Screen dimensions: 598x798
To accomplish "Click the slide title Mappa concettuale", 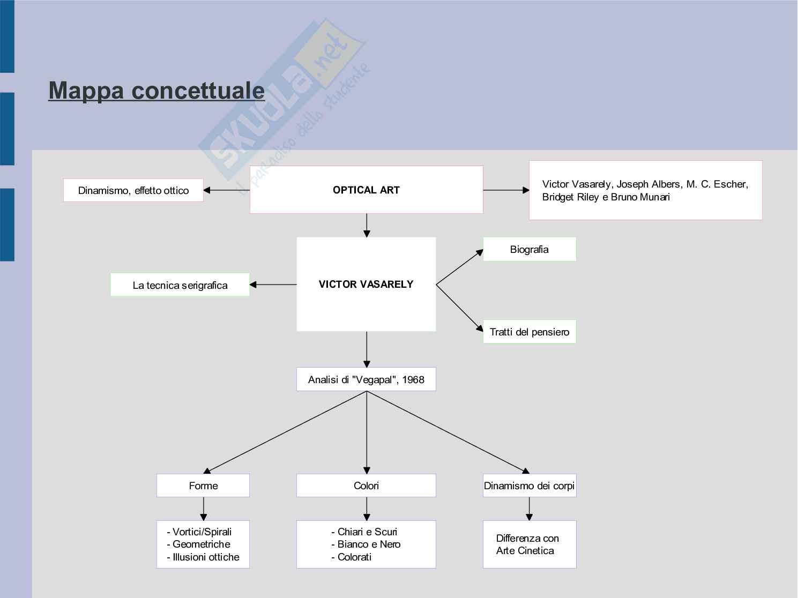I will (x=156, y=90).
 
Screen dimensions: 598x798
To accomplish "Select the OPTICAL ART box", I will (x=366, y=190).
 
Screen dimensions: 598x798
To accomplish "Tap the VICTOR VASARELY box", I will (x=366, y=284).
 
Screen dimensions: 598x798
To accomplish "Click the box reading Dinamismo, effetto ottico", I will (x=133, y=190).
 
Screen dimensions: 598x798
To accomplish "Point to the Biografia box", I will (x=529, y=249).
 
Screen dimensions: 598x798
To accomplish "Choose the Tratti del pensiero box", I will (x=529, y=332).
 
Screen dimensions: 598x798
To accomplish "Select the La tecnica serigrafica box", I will (x=180, y=285).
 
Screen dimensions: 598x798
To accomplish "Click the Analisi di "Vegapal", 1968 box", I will (x=366, y=379).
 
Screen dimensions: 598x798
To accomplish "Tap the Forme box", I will (x=203, y=485).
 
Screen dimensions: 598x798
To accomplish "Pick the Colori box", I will (x=366, y=485).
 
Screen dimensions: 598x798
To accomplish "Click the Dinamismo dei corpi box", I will (x=529, y=485).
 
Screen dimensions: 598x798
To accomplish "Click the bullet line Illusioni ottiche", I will (x=206, y=557).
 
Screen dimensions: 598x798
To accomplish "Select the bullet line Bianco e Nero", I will (x=369, y=544).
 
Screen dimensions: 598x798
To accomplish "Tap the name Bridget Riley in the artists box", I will (x=570, y=197).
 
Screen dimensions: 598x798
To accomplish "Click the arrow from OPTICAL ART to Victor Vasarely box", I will (x=367, y=226).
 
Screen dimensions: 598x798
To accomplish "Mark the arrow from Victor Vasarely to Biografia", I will (x=460, y=267).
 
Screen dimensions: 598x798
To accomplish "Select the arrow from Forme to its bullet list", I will (x=204, y=509).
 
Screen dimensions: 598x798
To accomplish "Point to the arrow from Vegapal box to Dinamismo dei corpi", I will (x=448, y=432).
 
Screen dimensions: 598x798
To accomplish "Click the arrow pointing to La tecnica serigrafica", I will (x=273, y=285).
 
